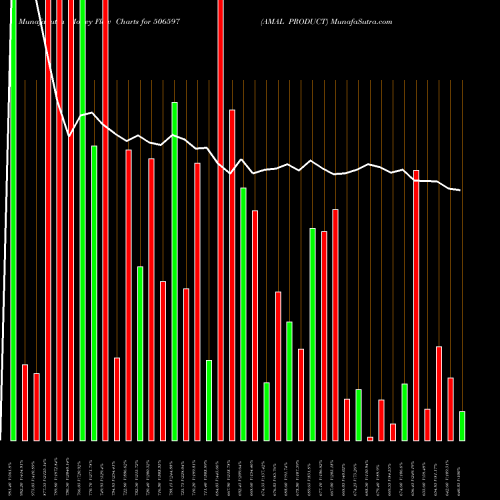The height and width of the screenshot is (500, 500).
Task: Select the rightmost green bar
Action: click(462, 426)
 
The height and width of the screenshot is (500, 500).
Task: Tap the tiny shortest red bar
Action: click(370, 438)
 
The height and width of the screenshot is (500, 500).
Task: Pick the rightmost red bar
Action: click(451, 409)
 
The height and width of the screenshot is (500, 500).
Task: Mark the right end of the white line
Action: click(460, 190)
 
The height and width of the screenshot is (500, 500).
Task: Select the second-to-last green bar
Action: click(405, 412)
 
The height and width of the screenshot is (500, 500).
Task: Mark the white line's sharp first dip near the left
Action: click(69, 136)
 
